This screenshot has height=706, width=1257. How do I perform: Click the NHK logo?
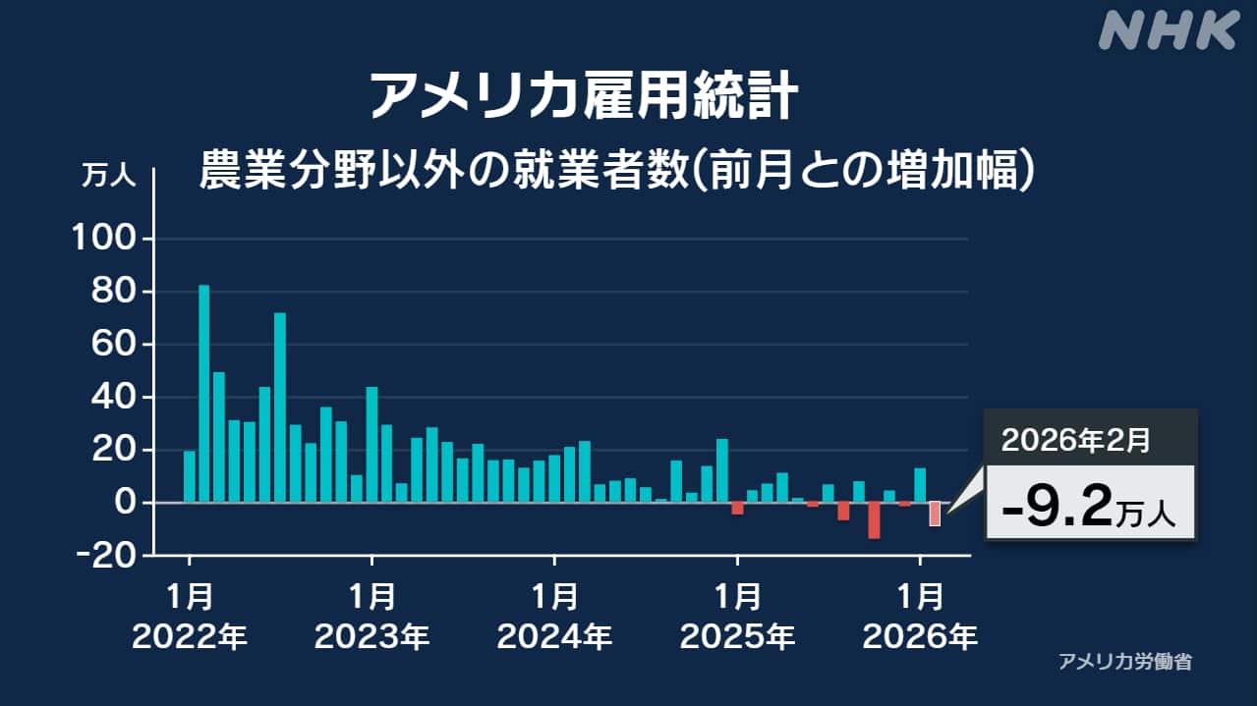click(x=1168, y=30)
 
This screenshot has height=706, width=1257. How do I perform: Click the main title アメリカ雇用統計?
click(x=582, y=96)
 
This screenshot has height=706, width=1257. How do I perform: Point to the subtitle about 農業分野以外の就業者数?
click(x=618, y=169)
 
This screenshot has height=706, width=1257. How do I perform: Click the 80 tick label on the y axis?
click(x=112, y=293)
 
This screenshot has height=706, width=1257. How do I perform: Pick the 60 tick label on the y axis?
click(x=112, y=346)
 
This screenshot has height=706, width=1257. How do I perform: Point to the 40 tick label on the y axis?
click(x=112, y=398)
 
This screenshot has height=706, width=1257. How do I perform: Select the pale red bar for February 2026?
click(x=935, y=514)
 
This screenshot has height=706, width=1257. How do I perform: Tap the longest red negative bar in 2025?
click(x=874, y=520)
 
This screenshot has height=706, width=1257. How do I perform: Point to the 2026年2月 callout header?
click(x=1075, y=440)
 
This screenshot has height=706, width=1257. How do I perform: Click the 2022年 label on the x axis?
click(x=189, y=638)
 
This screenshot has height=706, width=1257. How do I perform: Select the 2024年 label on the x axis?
click(x=554, y=638)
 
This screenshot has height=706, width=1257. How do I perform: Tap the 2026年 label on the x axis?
click(x=920, y=638)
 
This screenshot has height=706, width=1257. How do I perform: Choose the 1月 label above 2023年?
click(x=371, y=596)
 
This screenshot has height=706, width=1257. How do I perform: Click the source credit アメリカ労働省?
click(x=1125, y=662)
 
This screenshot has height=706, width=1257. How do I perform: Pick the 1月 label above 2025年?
click(x=737, y=596)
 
